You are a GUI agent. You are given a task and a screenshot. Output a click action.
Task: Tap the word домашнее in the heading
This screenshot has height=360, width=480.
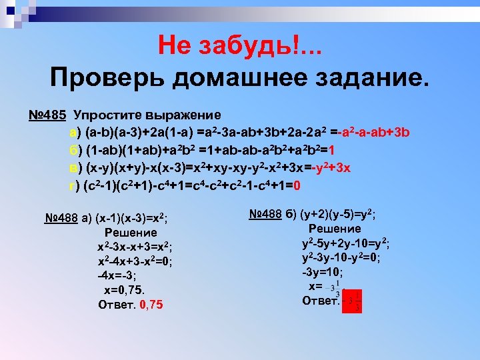coord(246,78)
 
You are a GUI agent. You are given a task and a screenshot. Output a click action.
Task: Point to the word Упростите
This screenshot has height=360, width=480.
coord(107,114)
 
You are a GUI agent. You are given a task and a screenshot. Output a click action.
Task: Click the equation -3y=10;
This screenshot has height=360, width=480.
coord(323,272)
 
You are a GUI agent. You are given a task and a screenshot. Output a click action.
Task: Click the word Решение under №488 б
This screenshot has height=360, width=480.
coord(335,229)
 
